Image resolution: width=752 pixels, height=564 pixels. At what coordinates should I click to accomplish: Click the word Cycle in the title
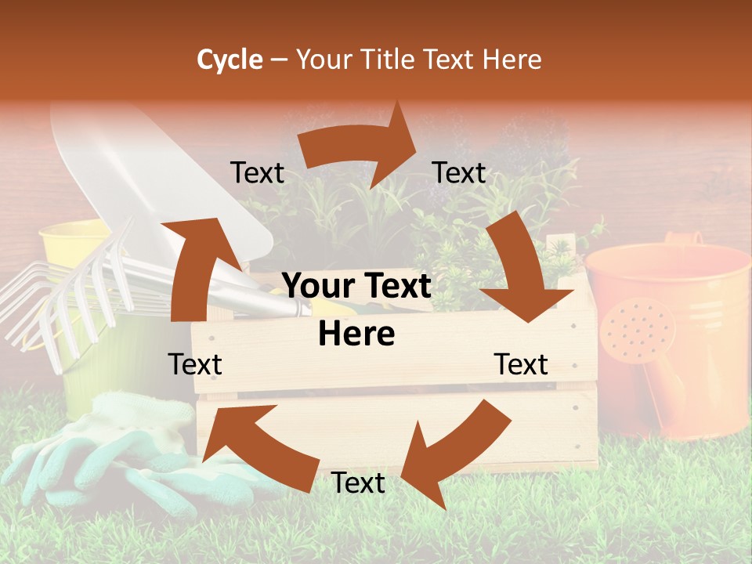(x=230, y=60)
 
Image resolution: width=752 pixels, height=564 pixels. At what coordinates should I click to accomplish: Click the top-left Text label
(x=257, y=173)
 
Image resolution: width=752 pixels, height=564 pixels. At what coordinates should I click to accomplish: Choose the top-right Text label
(x=459, y=173)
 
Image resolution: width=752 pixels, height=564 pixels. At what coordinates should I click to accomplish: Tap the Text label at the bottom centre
(x=358, y=483)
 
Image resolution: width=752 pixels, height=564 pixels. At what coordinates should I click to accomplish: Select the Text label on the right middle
(x=521, y=364)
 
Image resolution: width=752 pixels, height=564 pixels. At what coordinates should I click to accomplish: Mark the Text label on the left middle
(x=195, y=364)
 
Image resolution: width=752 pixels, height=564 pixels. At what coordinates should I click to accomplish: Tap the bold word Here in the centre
(x=356, y=334)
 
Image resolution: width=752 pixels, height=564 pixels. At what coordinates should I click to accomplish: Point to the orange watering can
(x=674, y=329)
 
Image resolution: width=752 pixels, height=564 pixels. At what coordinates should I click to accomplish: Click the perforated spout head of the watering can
(x=636, y=330)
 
